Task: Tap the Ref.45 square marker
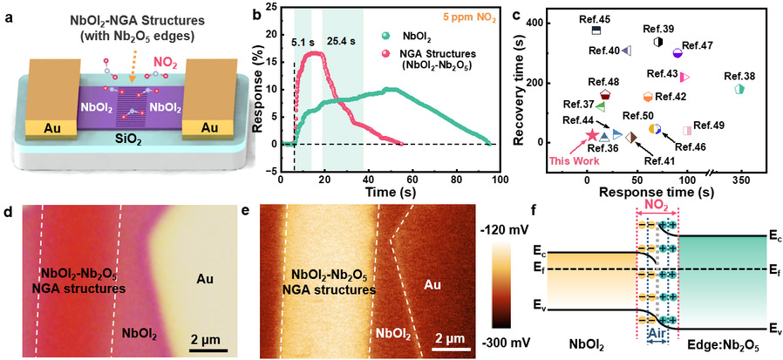596,30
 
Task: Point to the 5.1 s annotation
305,39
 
